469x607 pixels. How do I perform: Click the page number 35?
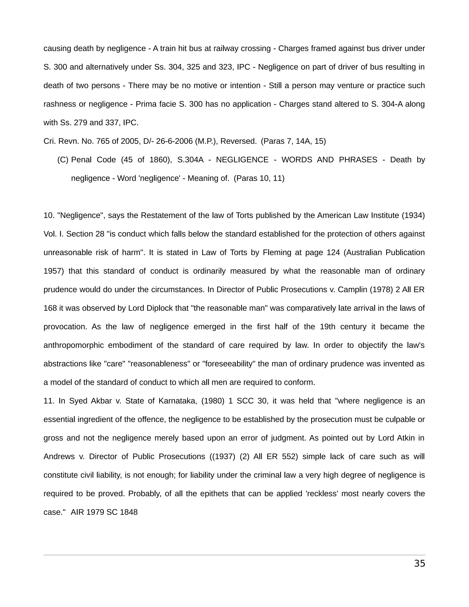[x=419, y=564]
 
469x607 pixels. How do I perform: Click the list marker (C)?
[x=63, y=160]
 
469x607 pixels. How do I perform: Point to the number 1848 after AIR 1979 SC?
[x=129, y=512]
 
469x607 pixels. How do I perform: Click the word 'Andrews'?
[x=59, y=457]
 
